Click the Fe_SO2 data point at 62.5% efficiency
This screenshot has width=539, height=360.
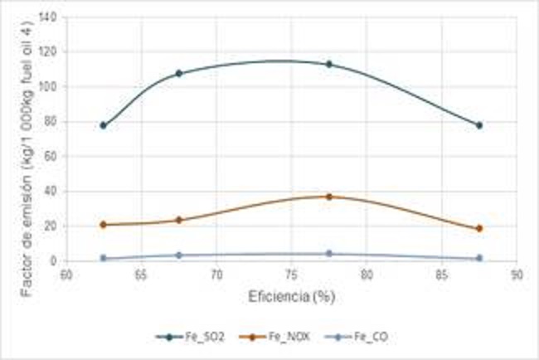[103, 125]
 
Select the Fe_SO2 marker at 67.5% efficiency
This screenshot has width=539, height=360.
[178, 74]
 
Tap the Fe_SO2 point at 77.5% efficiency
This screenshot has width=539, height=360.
[329, 64]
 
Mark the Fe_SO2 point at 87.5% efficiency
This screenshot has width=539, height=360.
[479, 125]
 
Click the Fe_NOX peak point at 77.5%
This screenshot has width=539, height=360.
[329, 197]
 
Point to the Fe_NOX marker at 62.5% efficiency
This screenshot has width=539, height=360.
[103, 225]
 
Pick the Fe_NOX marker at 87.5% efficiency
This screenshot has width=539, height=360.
[479, 228]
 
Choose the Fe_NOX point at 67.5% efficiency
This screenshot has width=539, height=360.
[178, 220]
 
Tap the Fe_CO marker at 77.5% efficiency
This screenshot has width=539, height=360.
[329, 254]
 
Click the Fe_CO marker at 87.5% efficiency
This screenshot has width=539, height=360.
[479, 258]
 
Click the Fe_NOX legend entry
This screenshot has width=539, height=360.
[269, 337]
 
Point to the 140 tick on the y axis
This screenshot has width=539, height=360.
[50, 17]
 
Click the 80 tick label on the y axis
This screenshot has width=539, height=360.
[53, 122]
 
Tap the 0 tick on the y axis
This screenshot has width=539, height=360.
[56, 261]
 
